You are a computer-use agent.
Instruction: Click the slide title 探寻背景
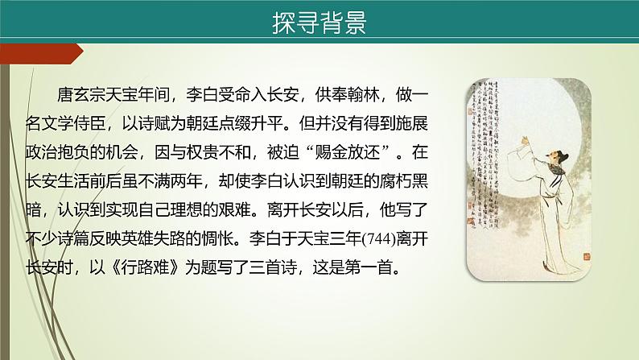pyautogui.click(x=319, y=23)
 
